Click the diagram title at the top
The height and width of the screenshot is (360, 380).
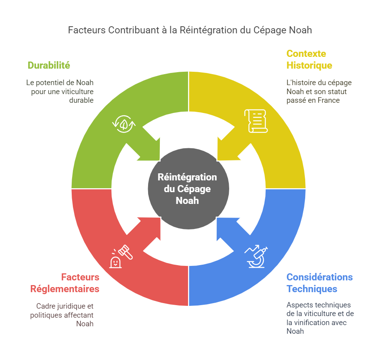pos(190,30)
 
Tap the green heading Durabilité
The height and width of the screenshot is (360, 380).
pos(49,65)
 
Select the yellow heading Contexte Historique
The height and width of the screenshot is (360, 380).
pos(309,59)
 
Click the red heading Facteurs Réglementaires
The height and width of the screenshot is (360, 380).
pos(65,283)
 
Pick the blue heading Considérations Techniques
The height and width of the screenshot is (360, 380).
pos(319,283)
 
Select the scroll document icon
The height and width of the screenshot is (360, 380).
pos(255,121)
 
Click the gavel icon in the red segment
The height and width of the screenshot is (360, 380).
pos(121,257)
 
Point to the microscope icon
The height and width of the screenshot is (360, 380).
pos(256,257)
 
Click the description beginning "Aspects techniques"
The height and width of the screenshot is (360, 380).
pos(319,318)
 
